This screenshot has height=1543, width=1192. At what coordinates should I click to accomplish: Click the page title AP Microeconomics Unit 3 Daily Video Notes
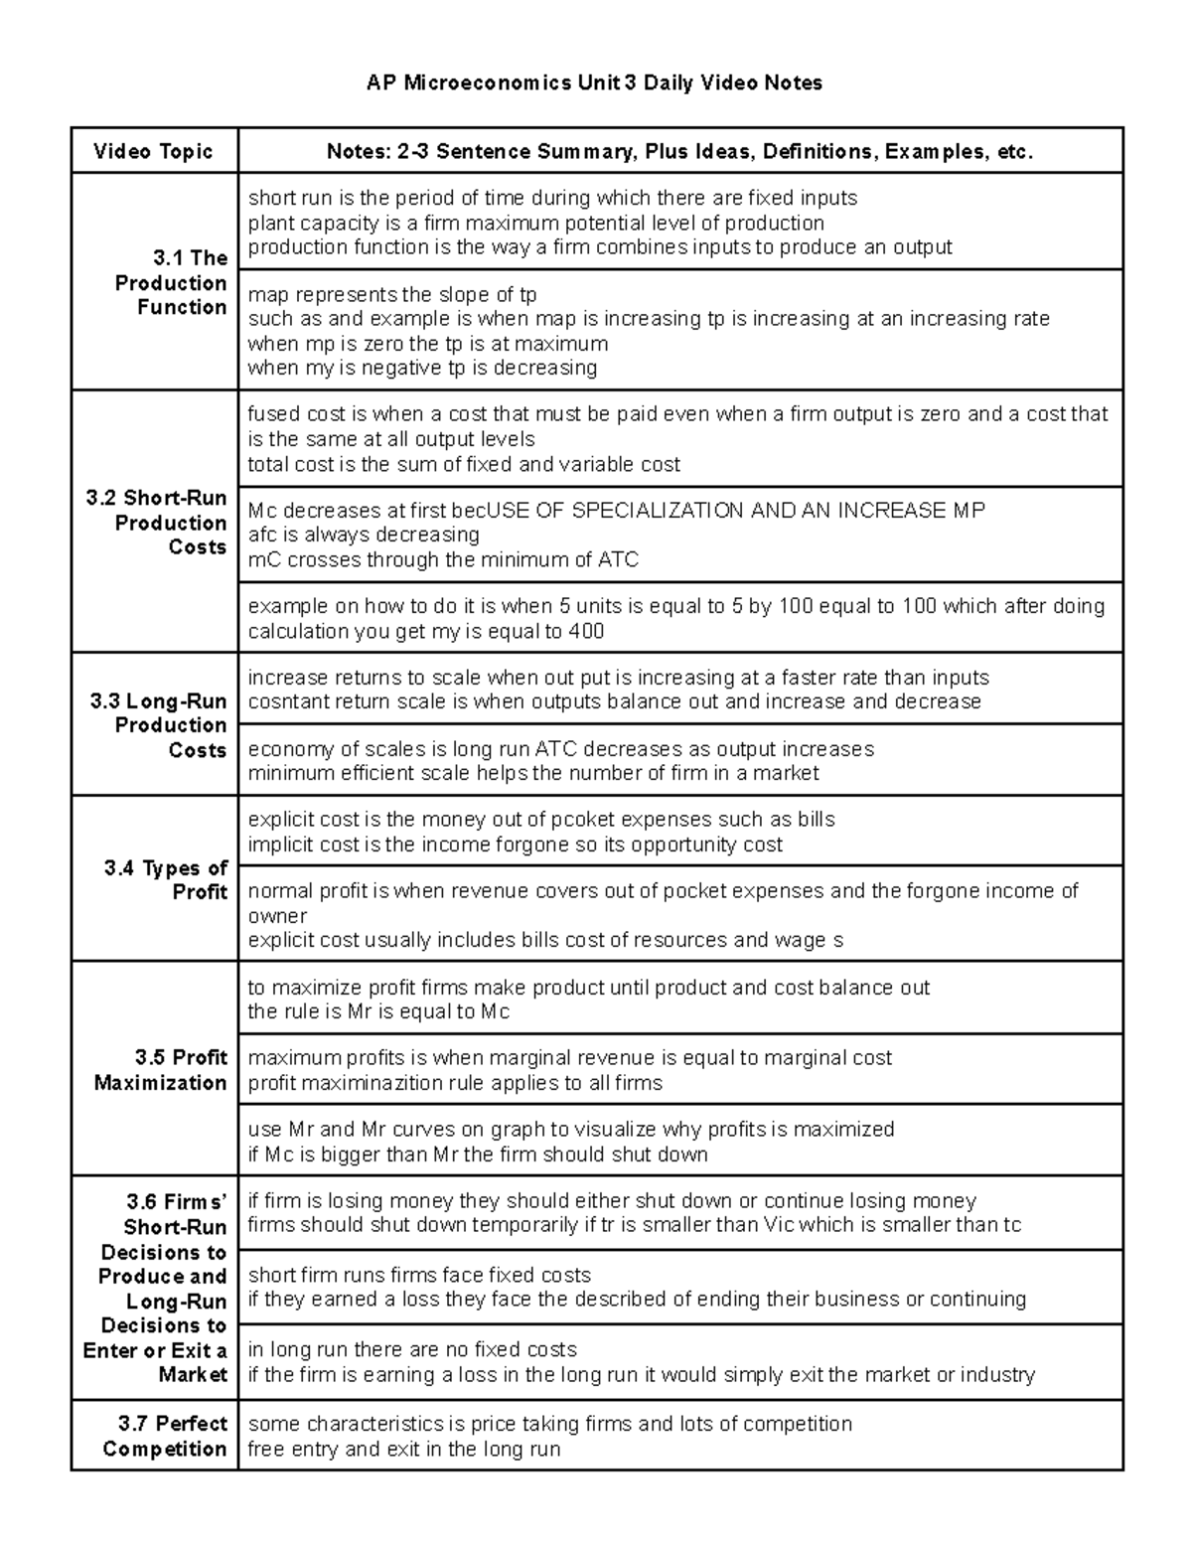594,83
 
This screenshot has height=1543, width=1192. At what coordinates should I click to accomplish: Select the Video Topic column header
154,152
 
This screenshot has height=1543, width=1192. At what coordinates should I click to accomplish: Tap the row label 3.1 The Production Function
171,283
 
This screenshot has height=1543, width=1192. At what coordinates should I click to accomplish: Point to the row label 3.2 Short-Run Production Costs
157,523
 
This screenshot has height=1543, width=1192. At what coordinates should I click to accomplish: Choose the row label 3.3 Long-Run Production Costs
159,725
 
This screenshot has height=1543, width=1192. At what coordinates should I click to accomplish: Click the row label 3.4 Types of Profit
166,880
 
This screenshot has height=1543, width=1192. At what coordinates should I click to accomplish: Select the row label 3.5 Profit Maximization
161,1070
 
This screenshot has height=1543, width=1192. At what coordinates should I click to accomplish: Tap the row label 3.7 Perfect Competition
165,1436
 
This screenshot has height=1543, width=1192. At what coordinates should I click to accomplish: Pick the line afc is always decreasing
364,536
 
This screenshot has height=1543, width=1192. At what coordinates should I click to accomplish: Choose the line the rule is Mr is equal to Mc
378,1012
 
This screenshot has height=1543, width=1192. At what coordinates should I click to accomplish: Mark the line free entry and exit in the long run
403,1450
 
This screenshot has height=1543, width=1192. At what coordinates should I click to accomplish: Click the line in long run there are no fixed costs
412,1350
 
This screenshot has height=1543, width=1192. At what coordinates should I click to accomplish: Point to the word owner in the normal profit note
277,916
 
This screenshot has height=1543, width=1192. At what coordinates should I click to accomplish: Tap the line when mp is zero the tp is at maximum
427,344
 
